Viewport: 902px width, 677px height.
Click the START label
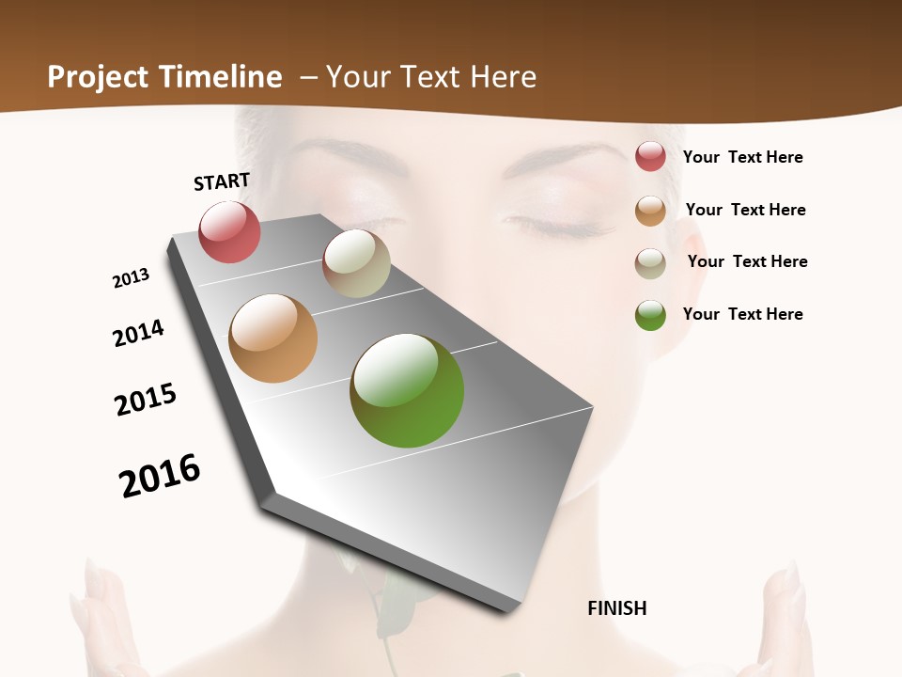click(x=222, y=181)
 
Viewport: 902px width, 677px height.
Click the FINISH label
click(x=617, y=608)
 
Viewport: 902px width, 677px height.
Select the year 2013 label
click(x=132, y=277)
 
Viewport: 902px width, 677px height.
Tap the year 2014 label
click(x=138, y=333)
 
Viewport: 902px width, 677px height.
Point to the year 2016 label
click(x=160, y=476)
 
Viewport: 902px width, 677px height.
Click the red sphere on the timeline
click(x=229, y=231)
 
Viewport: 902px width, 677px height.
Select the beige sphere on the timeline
click(x=356, y=263)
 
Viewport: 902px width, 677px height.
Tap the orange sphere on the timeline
click(x=272, y=338)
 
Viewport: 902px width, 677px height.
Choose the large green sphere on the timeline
click(x=407, y=390)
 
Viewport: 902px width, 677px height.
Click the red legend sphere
click(x=650, y=156)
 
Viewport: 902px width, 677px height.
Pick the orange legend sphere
click(x=650, y=211)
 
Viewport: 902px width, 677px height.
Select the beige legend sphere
click(x=650, y=263)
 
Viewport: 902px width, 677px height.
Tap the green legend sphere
click(x=650, y=315)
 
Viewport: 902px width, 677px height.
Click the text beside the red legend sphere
click(x=743, y=157)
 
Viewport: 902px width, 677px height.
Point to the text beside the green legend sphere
click(x=743, y=314)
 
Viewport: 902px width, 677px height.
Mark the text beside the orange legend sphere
click(x=746, y=210)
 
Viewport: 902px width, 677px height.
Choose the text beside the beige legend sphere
click(x=748, y=261)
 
